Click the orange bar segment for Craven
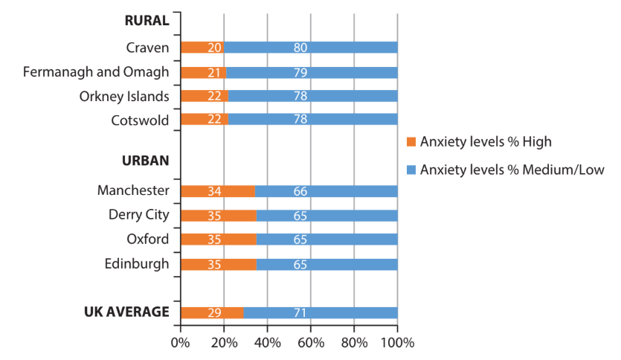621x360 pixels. [202, 48]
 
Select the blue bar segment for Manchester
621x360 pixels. [326, 191]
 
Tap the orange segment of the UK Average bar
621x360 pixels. [212, 312]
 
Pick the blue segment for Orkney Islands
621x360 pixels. [312, 97]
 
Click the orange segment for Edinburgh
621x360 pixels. [218, 264]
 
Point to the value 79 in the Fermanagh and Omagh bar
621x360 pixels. [300, 72]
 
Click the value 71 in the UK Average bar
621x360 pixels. [300, 312]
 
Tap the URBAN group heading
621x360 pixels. [146, 160]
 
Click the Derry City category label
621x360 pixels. [139, 215]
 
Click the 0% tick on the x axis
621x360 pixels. [181, 343]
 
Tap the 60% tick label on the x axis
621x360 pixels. [311, 343]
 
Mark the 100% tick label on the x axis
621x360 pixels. [397, 343]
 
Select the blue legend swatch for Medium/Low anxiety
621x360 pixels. [411, 170]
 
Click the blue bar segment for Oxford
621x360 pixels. [327, 240]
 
